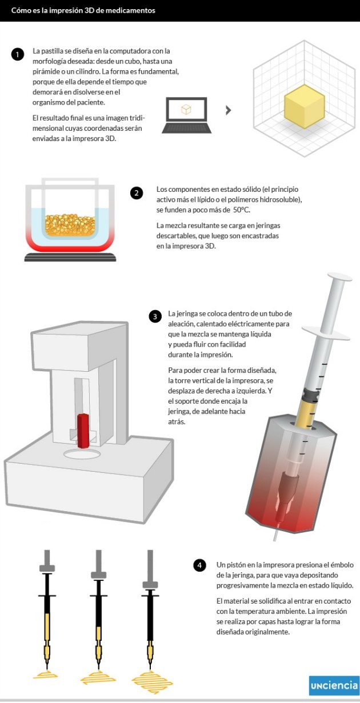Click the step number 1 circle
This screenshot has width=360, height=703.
18,54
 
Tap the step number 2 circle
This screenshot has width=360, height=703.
137,193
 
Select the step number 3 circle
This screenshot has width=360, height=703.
155,316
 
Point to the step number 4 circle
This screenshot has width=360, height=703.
199,565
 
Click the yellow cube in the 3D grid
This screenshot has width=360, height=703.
304,106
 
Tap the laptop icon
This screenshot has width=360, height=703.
187,115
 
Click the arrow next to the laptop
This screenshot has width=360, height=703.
229,110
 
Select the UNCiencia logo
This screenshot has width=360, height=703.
334,685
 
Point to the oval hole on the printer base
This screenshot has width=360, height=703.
82,454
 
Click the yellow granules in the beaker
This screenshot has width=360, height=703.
70,225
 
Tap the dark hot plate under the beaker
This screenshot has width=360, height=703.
70,257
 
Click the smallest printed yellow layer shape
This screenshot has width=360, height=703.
46,674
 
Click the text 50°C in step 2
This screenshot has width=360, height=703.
241,210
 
